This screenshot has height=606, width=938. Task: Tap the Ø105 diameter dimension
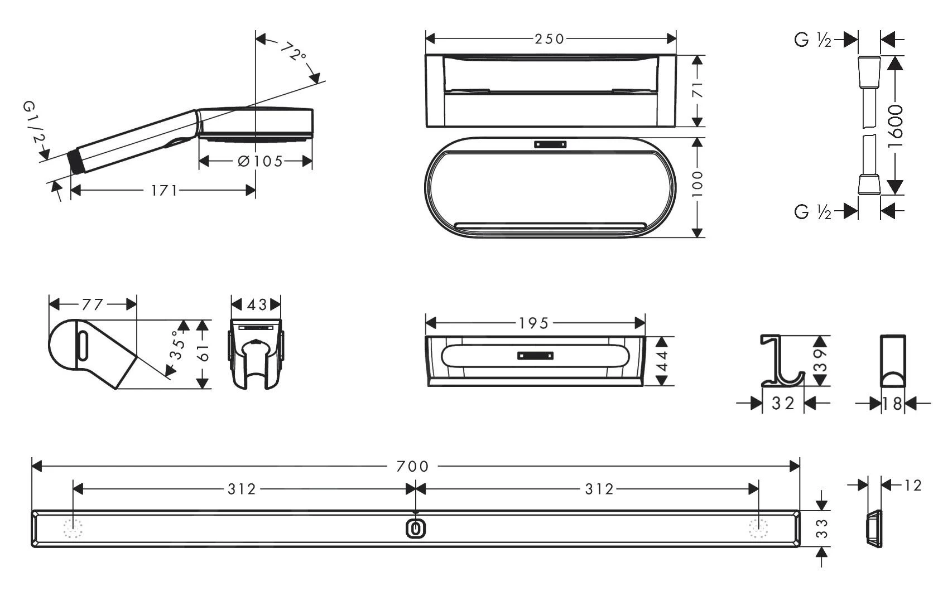click(260, 161)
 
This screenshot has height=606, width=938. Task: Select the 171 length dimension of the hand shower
click(164, 191)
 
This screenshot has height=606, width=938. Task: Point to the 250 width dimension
click(550, 39)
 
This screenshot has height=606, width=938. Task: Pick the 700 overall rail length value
click(412, 466)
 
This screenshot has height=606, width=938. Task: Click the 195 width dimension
click(533, 323)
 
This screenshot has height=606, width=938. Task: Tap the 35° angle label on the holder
click(177, 345)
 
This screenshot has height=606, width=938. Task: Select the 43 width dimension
click(256, 305)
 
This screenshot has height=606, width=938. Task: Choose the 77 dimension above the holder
click(92, 305)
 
